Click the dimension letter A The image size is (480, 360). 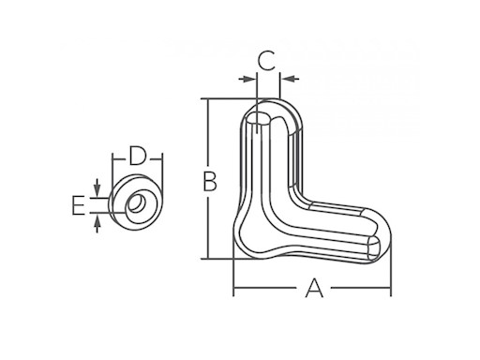(314, 291)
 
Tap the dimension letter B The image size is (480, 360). (211, 179)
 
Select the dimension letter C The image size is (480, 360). (266, 63)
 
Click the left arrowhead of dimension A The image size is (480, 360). (237, 291)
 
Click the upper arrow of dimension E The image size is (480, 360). (97, 189)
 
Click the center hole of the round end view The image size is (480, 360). (137, 201)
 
